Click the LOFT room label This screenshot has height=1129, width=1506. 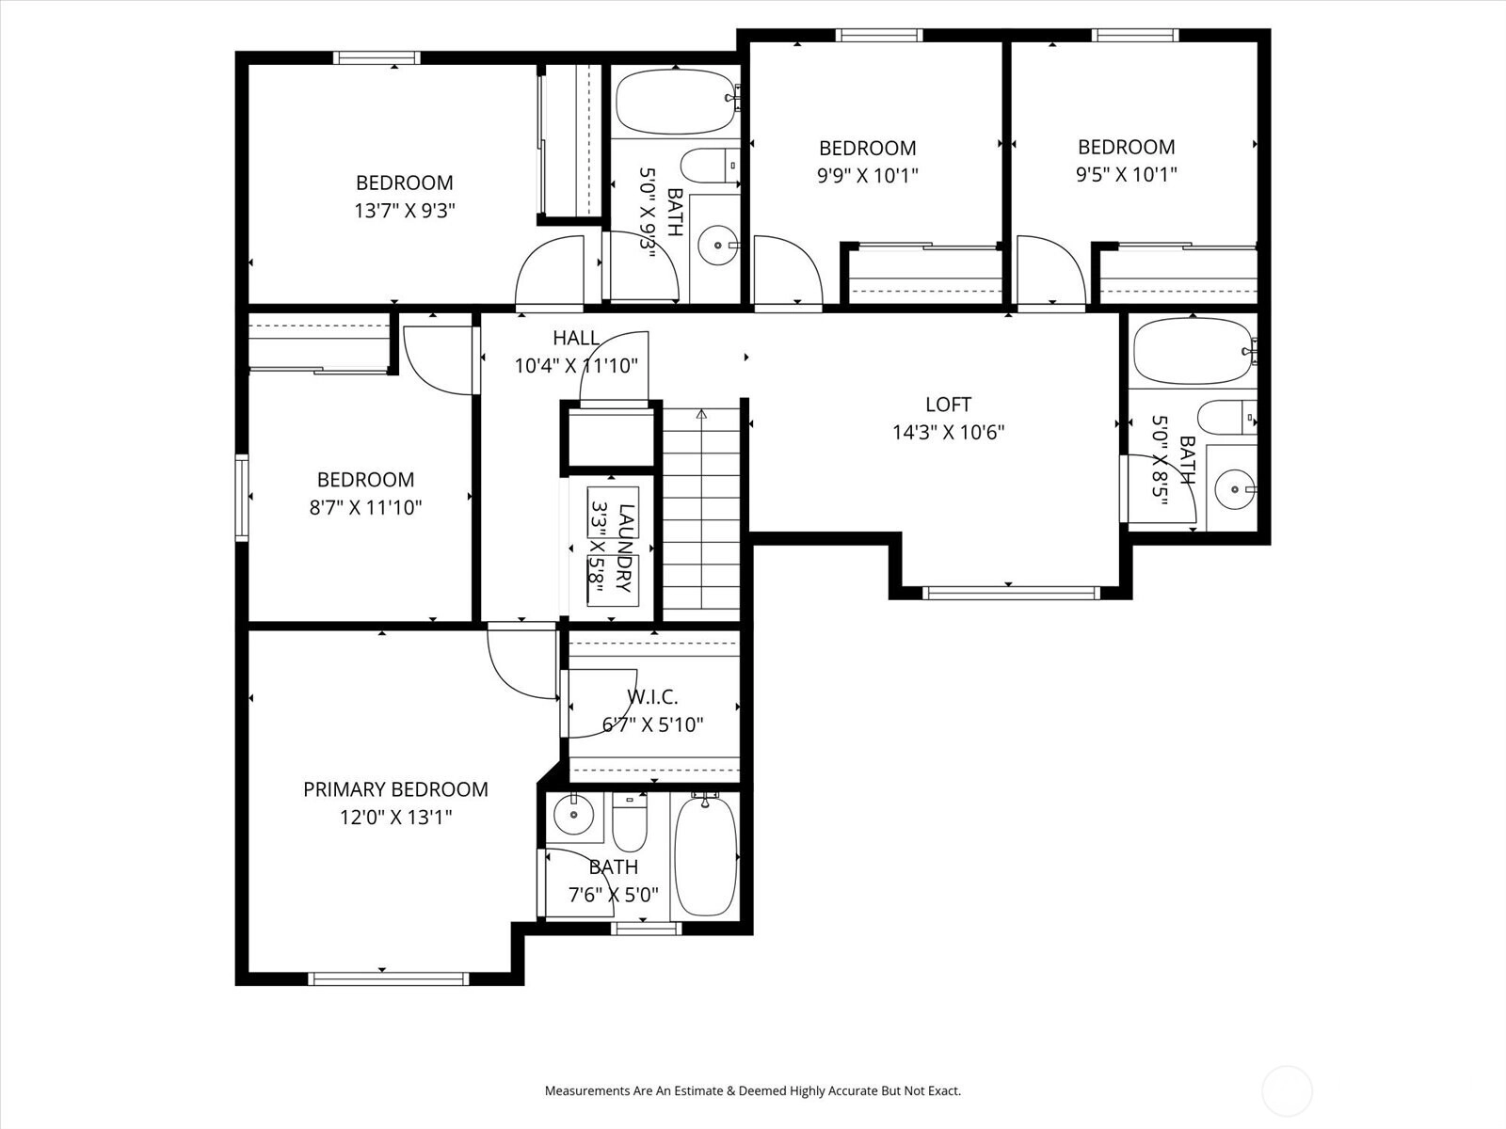(948, 405)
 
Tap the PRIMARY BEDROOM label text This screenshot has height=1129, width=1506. (396, 789)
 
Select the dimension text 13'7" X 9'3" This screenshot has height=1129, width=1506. (405, 211)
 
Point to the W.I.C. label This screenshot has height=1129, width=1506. (652, 697)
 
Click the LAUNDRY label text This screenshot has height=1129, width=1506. (624, 547)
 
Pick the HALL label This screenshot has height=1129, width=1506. (576, 337)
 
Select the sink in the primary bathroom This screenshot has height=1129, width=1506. (573, 815)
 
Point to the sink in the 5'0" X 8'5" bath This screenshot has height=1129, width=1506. (1235, 489)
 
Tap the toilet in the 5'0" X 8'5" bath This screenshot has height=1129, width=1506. (1226, 418)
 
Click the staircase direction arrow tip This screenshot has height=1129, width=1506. (701, 410)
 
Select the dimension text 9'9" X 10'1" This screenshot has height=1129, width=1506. (867, 176)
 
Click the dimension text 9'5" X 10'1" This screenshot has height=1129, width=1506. (1126, 174)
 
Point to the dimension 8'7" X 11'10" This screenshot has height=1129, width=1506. (366, 507)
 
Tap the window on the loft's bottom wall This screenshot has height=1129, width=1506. (1011, 593)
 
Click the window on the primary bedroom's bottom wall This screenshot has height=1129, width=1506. (389, 978)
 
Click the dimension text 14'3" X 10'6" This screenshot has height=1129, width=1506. (948, 433)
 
